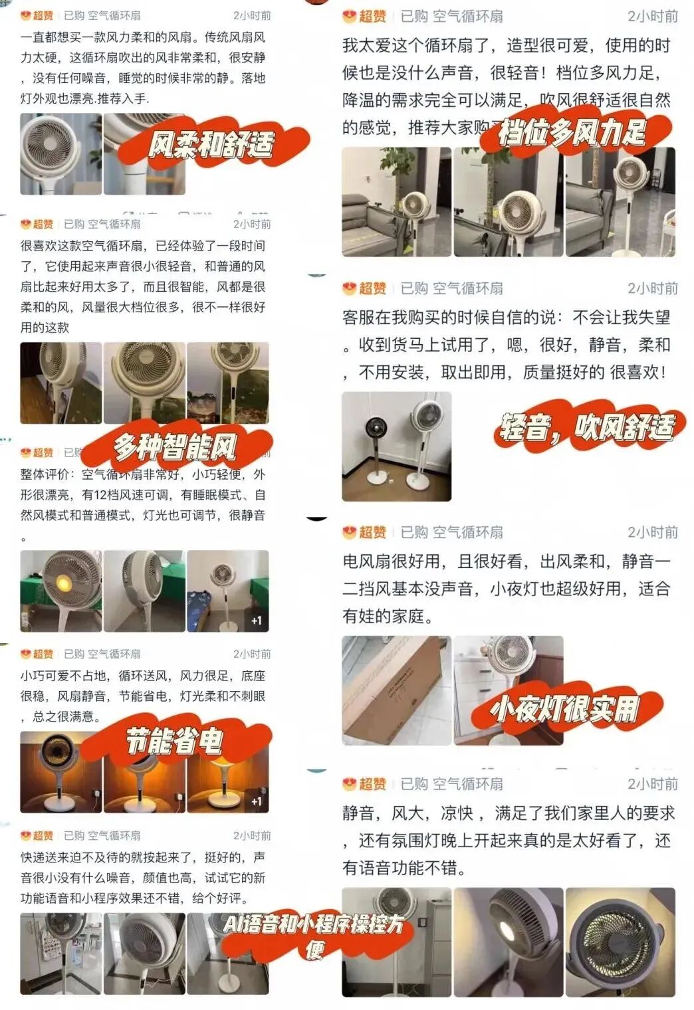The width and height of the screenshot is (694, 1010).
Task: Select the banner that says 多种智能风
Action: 176,447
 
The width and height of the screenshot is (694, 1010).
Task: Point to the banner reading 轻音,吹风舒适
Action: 588,427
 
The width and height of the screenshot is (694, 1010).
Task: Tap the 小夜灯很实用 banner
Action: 566,710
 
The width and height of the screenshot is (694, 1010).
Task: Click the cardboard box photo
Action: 396,690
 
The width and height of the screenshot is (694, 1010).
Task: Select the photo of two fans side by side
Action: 396,446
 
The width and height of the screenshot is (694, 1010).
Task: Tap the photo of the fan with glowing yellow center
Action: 61,591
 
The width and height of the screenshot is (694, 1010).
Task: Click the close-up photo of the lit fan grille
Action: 620,942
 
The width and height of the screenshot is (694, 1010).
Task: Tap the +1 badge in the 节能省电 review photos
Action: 257,801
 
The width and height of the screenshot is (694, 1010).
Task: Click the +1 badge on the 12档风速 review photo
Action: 257,621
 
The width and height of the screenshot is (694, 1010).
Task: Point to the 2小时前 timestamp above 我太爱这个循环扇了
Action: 653,16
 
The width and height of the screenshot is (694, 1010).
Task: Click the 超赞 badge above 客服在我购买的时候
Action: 365,288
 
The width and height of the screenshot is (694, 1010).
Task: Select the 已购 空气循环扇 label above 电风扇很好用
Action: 451,532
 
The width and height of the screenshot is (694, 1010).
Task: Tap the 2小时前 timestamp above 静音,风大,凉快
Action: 653,783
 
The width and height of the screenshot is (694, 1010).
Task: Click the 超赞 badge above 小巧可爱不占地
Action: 37,654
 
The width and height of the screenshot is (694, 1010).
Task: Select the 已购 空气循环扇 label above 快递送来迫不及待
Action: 102,835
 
